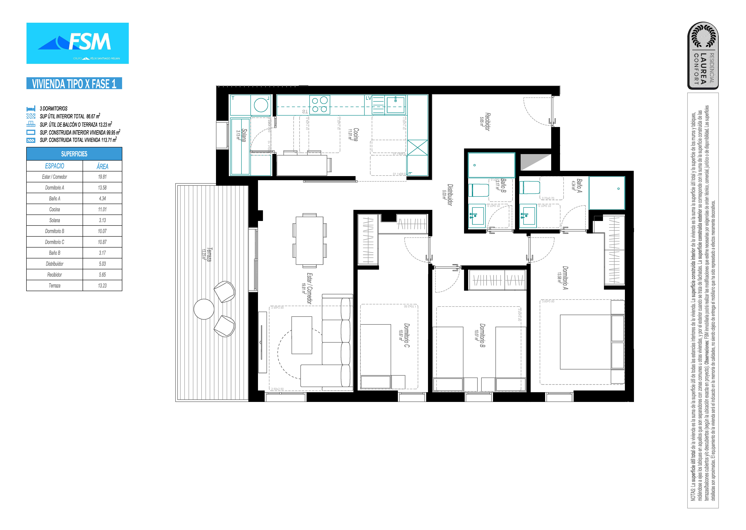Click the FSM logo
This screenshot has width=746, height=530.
pyautogui.click(x=77, y=43)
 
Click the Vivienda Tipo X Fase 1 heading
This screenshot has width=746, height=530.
pyautogui.click(x=74, y=84)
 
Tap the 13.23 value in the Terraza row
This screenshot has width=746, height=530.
pyautogui.click(x=102, y=286)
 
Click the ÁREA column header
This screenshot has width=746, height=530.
pyautogui.click(x=102, y=166)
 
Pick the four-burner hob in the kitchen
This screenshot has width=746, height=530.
pyautogui.click(x=320, y=105)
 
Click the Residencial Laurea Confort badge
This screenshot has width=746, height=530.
pyautogui.click(x=703, y=55)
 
